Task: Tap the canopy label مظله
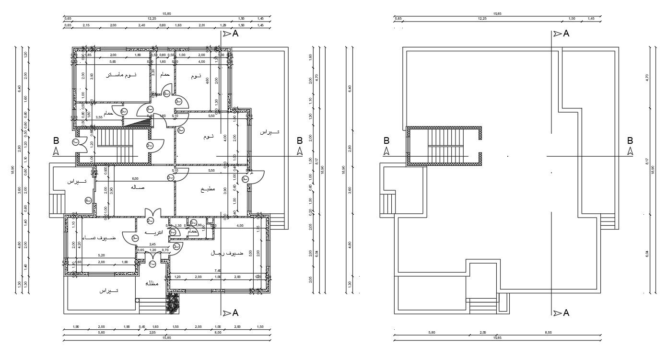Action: [152, 283]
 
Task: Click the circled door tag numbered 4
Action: [88, 200]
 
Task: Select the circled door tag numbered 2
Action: [150, 221]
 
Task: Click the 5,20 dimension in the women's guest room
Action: [102, 255]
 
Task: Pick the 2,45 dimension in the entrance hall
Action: [152, 244]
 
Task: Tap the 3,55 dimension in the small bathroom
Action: [99, 117]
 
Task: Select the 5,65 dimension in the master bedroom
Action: [113, 62]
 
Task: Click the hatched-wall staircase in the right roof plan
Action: [444, 146]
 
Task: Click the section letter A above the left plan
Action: [235, 34]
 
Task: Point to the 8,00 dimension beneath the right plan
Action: [549, 332]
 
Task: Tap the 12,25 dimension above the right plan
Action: [482, 18]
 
